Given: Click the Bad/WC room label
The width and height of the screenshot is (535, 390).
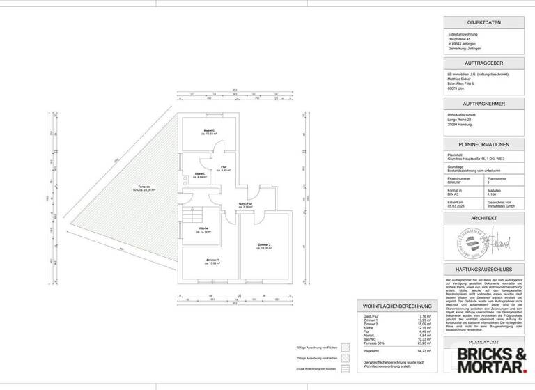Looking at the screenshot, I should point(208,132).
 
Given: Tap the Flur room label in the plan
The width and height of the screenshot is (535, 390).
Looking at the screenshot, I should point(224,169).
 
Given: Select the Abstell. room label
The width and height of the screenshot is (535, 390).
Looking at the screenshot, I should point(199,176).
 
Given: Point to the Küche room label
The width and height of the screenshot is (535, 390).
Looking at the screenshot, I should point(203,230).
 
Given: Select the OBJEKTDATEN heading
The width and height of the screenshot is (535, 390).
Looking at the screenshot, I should point(484,22).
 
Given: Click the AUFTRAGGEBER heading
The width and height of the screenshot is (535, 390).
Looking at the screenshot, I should point(484,63).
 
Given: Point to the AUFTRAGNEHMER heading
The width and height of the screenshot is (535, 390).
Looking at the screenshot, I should point(484,103).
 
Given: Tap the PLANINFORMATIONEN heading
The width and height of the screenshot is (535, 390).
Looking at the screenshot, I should point(484,144).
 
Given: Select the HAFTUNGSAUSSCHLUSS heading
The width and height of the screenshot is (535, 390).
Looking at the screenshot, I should point(484,268).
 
